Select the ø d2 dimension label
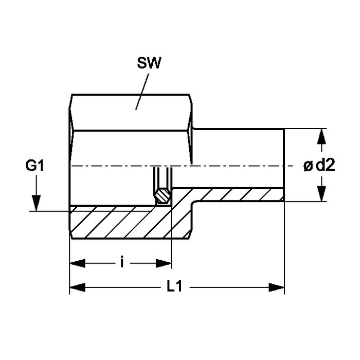(319, 166)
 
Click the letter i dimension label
(121, 263)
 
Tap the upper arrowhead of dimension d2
(322, 135)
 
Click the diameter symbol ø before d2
(308, 166)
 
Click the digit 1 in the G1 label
(43, 166)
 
